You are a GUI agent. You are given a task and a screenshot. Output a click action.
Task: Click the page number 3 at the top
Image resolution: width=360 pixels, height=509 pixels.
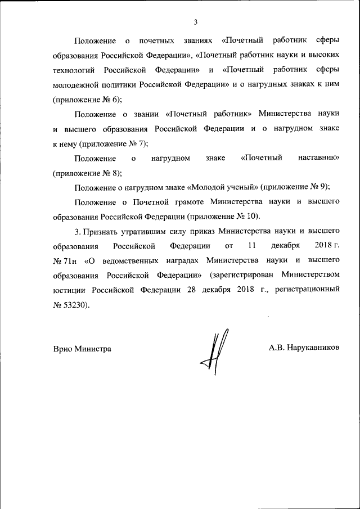(195, 22)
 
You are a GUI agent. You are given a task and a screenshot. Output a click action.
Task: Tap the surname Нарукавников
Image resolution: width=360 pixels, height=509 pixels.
(312, 348)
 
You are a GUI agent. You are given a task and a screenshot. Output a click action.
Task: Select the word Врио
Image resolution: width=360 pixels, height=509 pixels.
(63, 349)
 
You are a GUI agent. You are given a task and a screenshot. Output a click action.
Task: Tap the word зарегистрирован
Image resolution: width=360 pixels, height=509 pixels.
(242, 275)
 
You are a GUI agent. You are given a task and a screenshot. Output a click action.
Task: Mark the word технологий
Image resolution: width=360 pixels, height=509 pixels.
(74, 70)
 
